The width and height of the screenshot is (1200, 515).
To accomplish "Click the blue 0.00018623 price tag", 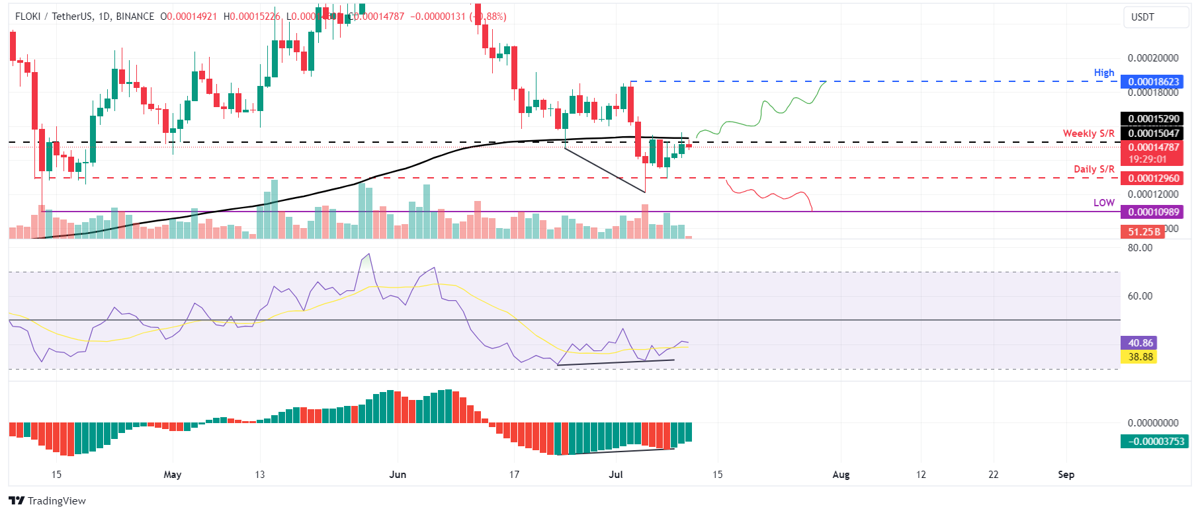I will click(1153, 82).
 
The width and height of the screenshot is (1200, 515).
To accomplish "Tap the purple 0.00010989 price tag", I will click(1153, 212).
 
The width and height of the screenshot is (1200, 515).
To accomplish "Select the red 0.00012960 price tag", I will click(1153, 178).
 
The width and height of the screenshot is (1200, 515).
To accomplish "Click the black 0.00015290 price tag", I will click(1153, 119).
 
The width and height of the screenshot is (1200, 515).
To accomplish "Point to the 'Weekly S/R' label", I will click(1088, 134).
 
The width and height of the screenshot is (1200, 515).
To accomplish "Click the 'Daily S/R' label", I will click(1093, 169).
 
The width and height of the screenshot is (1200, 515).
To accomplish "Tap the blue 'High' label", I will click(1103, 73).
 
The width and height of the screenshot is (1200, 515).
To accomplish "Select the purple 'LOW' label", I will click(1103, 203).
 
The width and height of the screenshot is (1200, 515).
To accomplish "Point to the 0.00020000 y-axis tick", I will click(1152, 58).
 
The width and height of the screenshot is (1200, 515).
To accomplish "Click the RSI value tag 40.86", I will click(1140, 343).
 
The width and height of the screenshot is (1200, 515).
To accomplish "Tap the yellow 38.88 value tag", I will click(1140, 357).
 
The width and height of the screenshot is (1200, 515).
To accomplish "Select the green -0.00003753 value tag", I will click(1154, 442).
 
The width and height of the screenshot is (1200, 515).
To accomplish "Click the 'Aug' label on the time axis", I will click(840, 475).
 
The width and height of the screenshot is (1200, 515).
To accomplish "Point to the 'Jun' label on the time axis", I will click(398, 475).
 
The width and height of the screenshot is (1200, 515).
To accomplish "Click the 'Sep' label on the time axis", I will click(1066, 475).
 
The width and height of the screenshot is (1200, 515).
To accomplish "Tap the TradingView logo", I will click(48, 500).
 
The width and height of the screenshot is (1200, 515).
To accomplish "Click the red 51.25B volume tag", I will click(1143, 232).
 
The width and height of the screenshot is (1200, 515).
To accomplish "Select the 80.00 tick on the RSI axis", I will click(1140, 248).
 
